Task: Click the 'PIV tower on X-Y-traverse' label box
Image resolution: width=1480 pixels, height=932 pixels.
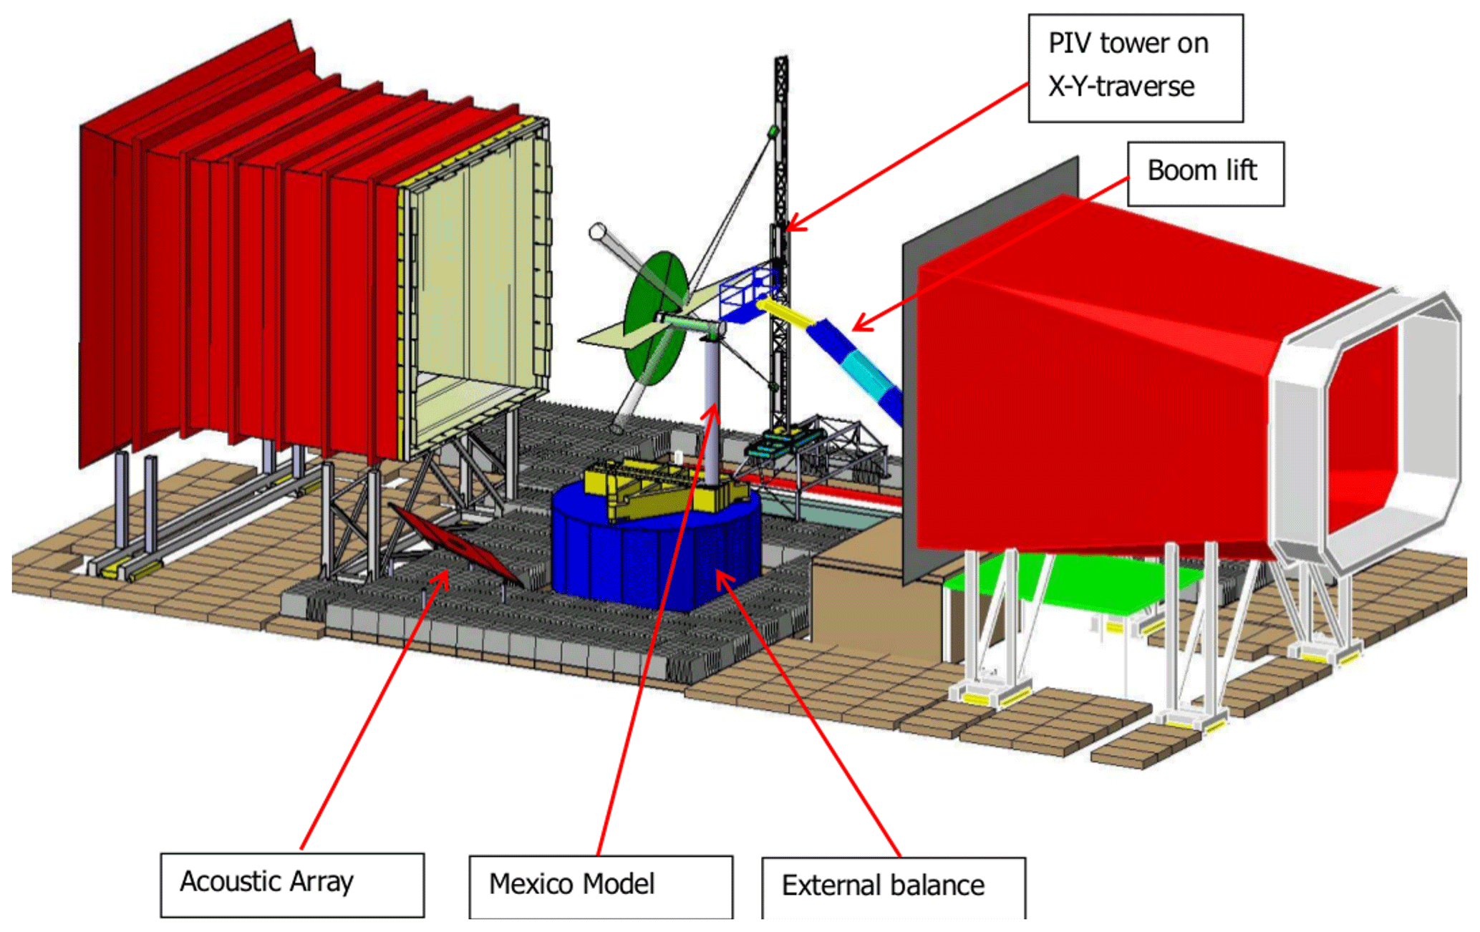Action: pyautogui.click(x=1135, y=67)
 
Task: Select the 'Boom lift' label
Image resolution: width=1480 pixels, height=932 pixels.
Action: pyautogui.click(x=1205, y=173)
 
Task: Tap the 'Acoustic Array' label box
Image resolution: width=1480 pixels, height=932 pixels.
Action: pyautogui.click(x=292, y=884)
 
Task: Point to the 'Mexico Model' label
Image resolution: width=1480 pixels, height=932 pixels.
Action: pyautogui.click(x=600, y=886)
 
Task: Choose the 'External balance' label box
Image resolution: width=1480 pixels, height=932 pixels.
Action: pyautogui.click(x=893, y=888)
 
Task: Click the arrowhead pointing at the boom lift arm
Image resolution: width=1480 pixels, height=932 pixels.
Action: pyautogui.click(x=859, y=326)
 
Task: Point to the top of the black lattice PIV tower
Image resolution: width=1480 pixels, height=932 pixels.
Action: pyautogui.click(x=781, y=64)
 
